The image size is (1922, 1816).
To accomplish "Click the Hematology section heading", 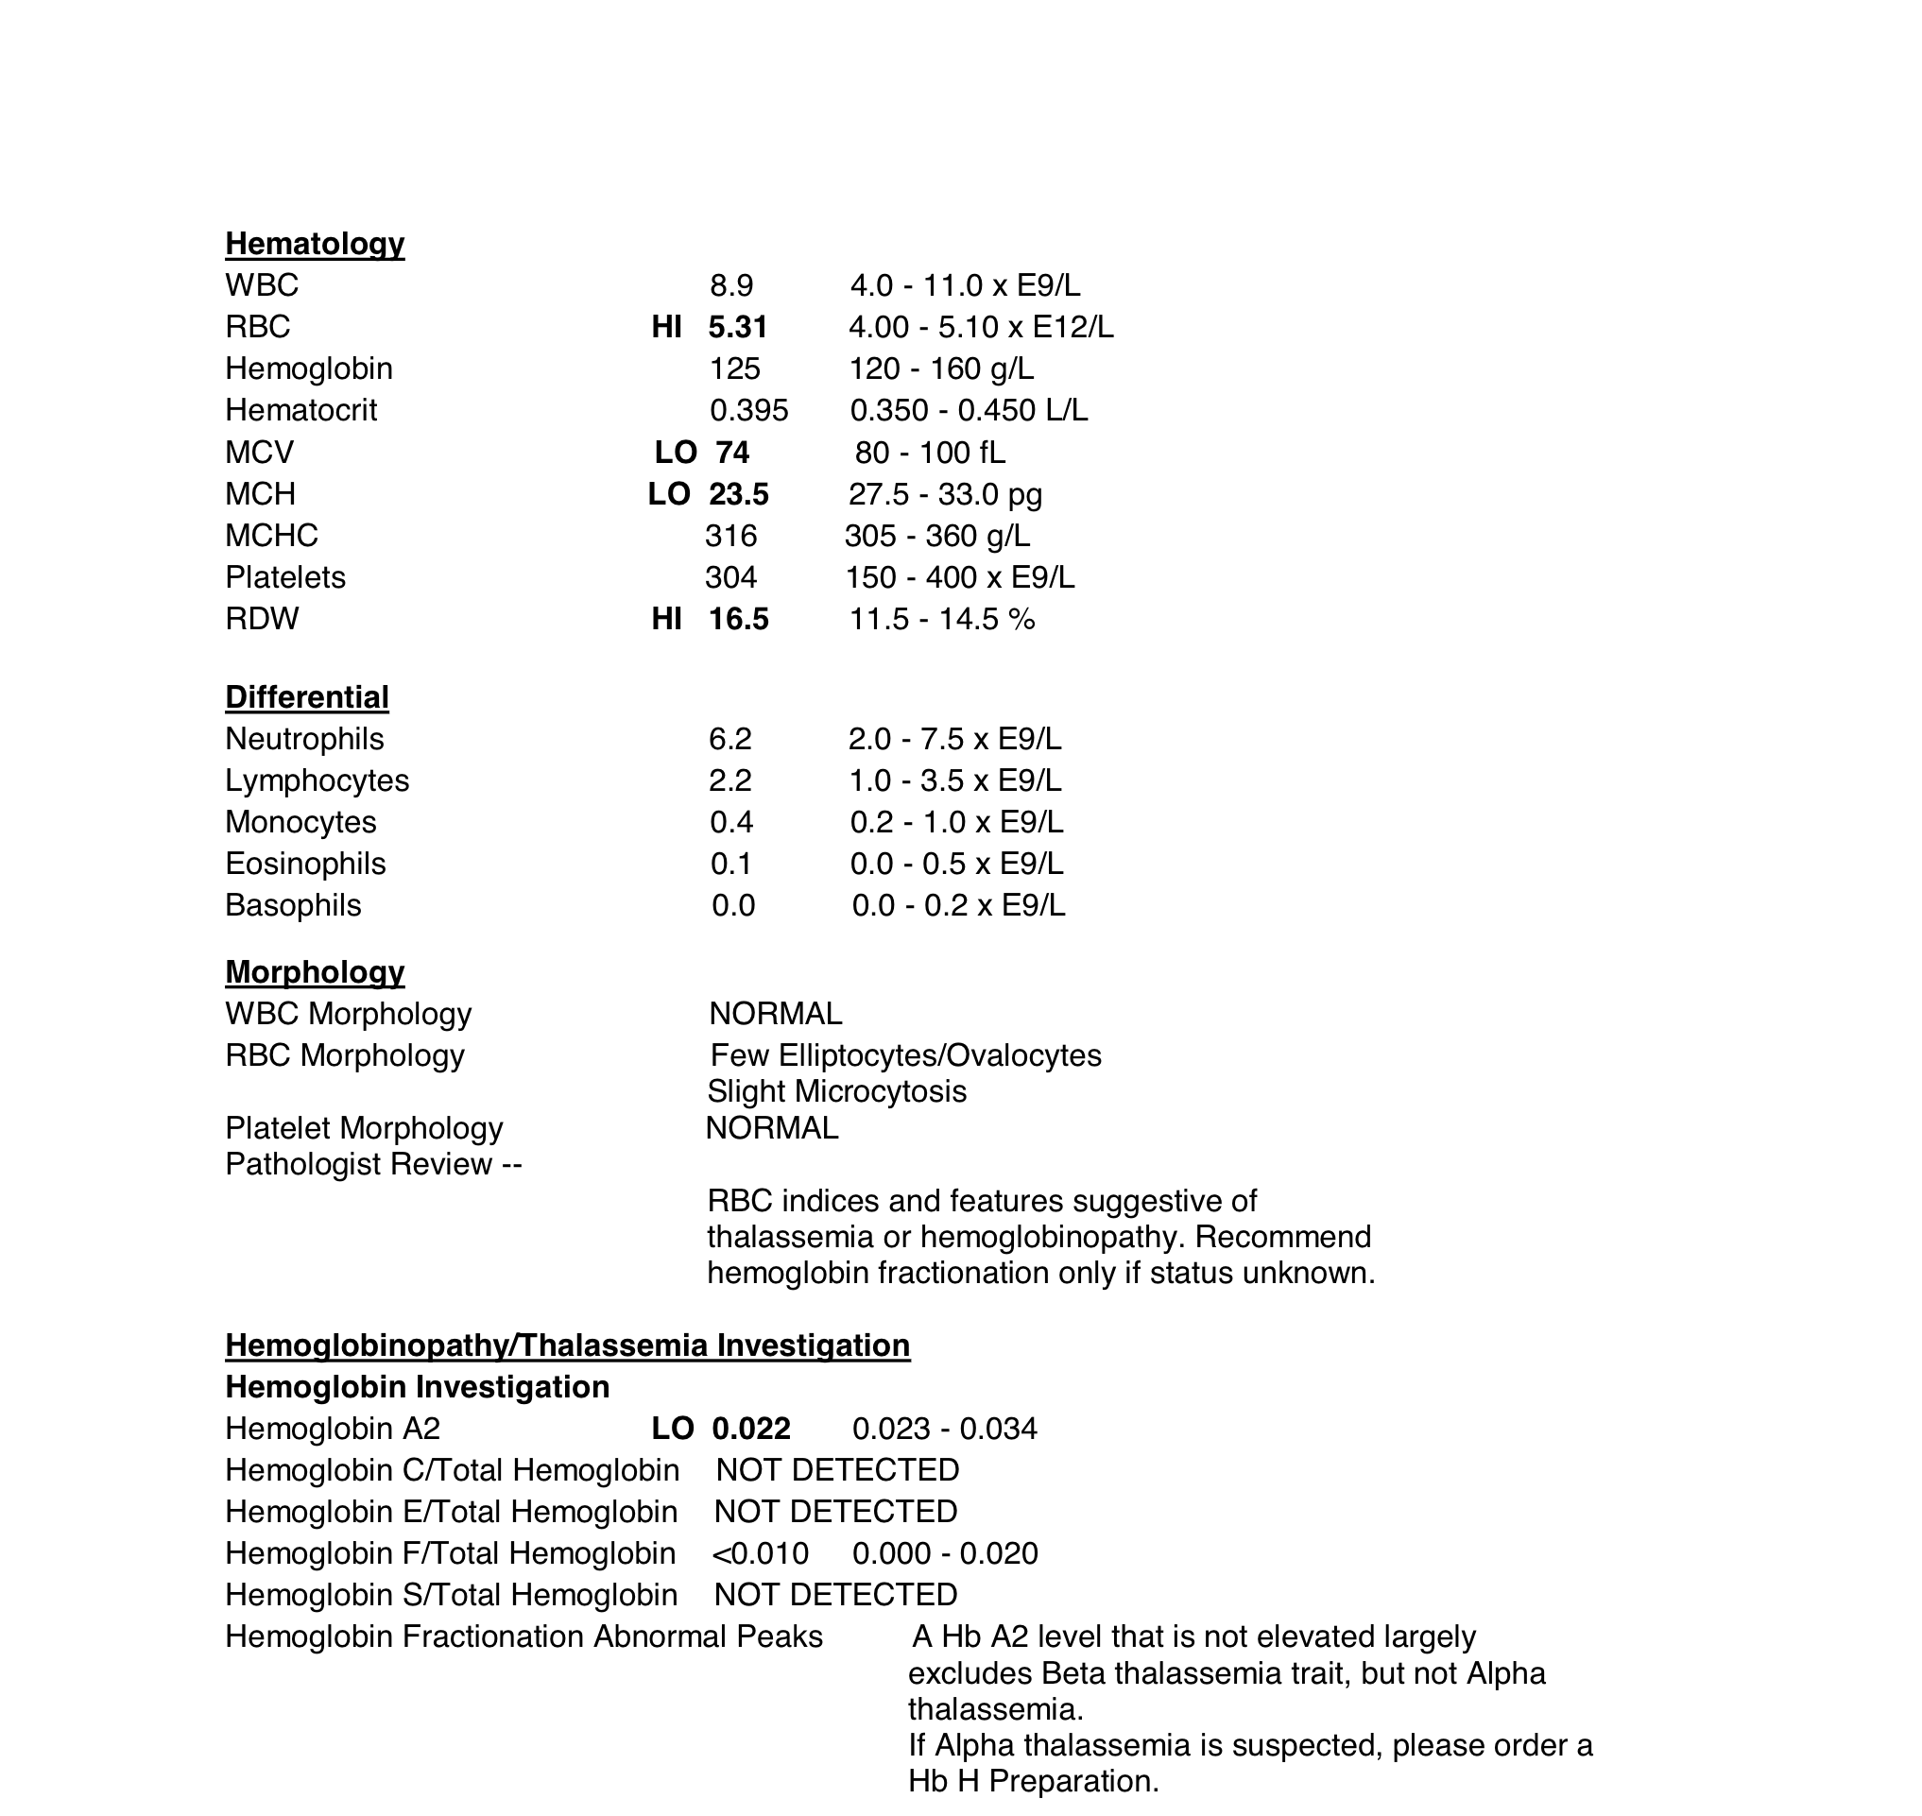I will coord(315,243).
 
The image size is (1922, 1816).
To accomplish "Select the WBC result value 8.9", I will coord(731,285).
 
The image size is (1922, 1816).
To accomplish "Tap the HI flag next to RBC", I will coord(666,327).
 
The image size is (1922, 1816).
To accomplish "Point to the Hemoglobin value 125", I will coord(735,368).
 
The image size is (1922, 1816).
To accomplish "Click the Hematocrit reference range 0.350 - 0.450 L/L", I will coord(969,410).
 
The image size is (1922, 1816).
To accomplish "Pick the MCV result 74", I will coord(732,452).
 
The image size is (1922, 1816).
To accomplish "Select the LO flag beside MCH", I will coord(669,494).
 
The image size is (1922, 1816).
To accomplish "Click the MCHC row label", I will coord(271,536).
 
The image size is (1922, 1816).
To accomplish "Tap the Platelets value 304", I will coord(730,577).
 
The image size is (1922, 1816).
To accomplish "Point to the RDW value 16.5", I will coord(739,619).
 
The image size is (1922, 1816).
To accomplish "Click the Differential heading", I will coord(307,697).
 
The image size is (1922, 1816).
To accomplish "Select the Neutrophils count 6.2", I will coord(730,739).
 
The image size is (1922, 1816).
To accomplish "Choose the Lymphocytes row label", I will coord(317,780).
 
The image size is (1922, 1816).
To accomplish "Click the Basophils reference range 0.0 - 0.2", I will coord(958,905).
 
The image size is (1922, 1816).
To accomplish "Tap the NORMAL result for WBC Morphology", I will coord(776,1014).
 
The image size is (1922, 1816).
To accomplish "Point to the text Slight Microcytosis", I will coord(836,1091).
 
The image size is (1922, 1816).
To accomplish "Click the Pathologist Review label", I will coord(373,1163).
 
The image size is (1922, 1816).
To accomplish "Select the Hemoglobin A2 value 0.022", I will coord(751,1429).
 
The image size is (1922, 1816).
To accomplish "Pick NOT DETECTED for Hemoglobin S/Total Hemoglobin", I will coord(835,1594).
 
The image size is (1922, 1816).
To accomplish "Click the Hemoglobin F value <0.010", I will coord(760,1552).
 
